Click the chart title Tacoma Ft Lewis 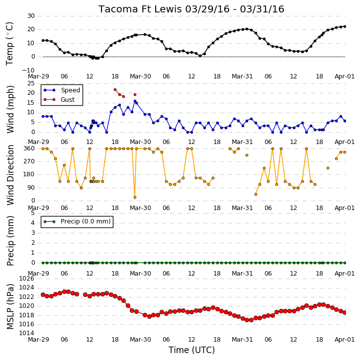(x=141, y=9)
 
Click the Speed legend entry (x=62, y=90)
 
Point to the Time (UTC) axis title (x=191, y=350)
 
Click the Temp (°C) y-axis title (x=9, y=44)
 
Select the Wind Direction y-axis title (x=10, y=175)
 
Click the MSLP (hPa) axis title (x=10, y=306)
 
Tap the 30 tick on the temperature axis (x=31, y=16)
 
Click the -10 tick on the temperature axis (x=28, y=70)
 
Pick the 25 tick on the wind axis (x=31, y=83)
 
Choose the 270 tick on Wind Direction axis (x=29, y=161)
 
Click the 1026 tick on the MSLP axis (x=27, y=279)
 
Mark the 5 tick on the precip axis (x=33, y=213)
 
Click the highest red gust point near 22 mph (x=115, y=90)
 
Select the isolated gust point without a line (x=135, y=94)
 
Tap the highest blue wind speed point (x=135, y=101)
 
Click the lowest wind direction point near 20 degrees (x=135, y=198)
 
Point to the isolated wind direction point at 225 (x=328, y=168)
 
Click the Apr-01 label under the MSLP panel (x=345, y=340)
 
